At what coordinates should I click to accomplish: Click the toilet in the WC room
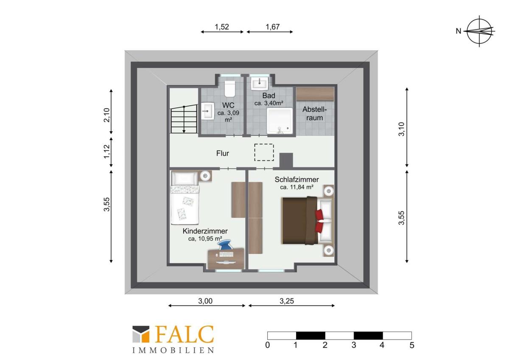click(230, 89)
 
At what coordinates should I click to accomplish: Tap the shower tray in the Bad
click(280, 121)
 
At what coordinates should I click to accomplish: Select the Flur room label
click(222, 153)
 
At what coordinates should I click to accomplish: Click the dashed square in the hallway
click(264, 152)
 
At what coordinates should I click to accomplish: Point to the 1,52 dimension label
click(222, 27)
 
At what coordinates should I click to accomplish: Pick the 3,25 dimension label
click(287, 301)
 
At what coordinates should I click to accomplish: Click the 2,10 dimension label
click(106, 115)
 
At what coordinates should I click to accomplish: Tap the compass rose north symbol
click(479, 31)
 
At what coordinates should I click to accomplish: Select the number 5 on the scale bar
click(412, 345)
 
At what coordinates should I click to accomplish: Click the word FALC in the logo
click(185, 334)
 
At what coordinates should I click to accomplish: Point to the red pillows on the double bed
click(319, 221)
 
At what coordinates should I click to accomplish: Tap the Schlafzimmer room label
click(296, 180)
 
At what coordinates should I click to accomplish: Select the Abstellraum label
click(314, 113)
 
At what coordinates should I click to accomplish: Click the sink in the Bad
click(260, 84)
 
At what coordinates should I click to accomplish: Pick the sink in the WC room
click(208, 111)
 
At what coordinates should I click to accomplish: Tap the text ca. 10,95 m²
click(205, 239)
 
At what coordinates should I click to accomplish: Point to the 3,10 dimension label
click(402, 129)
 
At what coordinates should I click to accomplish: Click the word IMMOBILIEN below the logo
click(173, 351)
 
